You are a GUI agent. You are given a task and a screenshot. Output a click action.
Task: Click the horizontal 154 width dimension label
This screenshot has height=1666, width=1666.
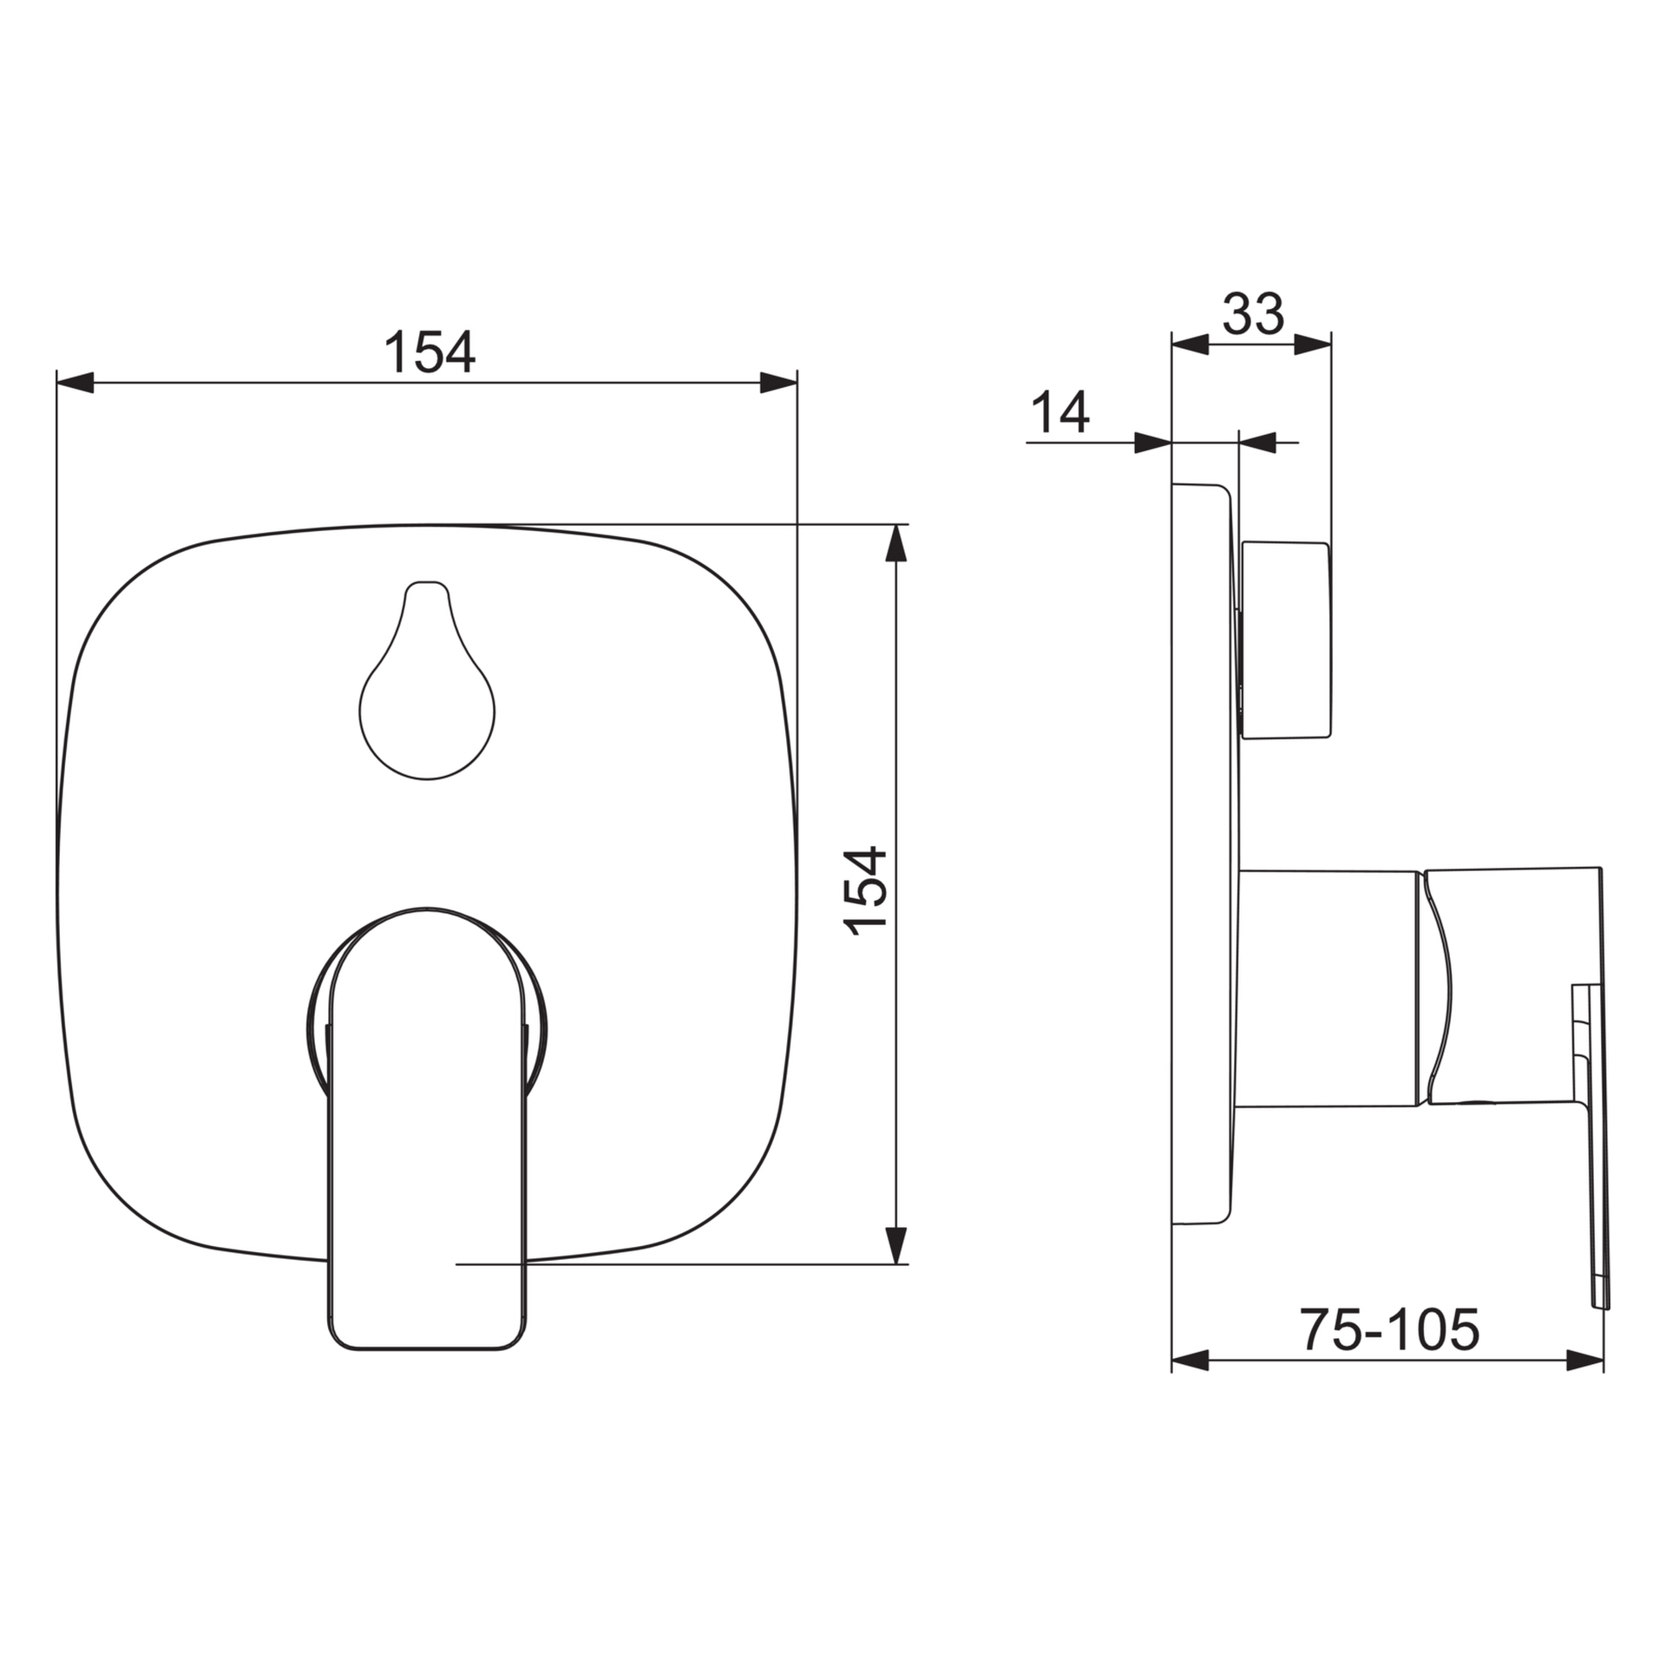click(430, 351)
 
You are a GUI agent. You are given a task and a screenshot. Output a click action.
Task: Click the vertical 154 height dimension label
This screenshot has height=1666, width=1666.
click(867, 891)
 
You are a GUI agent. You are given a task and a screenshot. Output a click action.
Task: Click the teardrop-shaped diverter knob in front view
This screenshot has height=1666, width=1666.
click(427, 680)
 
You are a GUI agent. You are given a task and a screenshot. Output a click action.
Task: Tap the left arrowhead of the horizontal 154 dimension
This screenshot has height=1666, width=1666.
click(75, 382)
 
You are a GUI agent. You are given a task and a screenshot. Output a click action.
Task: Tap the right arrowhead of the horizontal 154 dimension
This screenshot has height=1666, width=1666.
click(778, 382)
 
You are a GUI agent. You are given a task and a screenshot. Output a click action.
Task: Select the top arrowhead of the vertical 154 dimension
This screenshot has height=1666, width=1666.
click(897, 543)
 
